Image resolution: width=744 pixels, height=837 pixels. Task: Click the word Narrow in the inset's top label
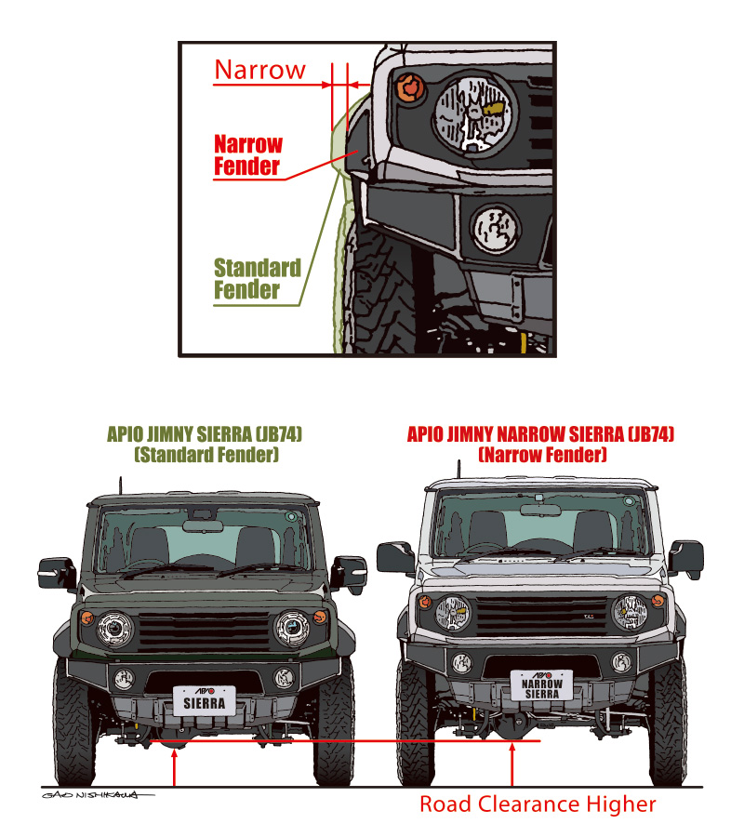point(259,70)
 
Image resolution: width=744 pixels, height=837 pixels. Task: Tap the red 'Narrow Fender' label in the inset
point(247,155)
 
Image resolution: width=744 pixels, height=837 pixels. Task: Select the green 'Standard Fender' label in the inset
point(258,279)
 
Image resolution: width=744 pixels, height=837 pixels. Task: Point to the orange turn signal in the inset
point(408,87)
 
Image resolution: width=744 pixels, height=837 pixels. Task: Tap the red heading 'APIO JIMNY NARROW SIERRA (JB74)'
point(540,435)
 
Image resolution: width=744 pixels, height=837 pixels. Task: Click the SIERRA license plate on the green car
point(205,700)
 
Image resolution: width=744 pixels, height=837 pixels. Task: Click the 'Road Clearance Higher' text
point(538,804)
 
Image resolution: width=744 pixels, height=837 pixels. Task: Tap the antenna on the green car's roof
point(118,486)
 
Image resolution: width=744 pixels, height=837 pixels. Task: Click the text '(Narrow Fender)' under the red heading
point(542,456)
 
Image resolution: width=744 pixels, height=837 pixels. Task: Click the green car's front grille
point(205,631)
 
